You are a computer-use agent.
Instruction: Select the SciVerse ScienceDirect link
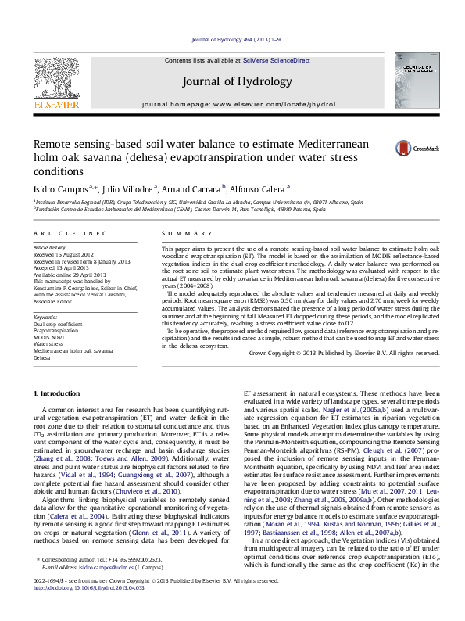click(276, 60)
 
